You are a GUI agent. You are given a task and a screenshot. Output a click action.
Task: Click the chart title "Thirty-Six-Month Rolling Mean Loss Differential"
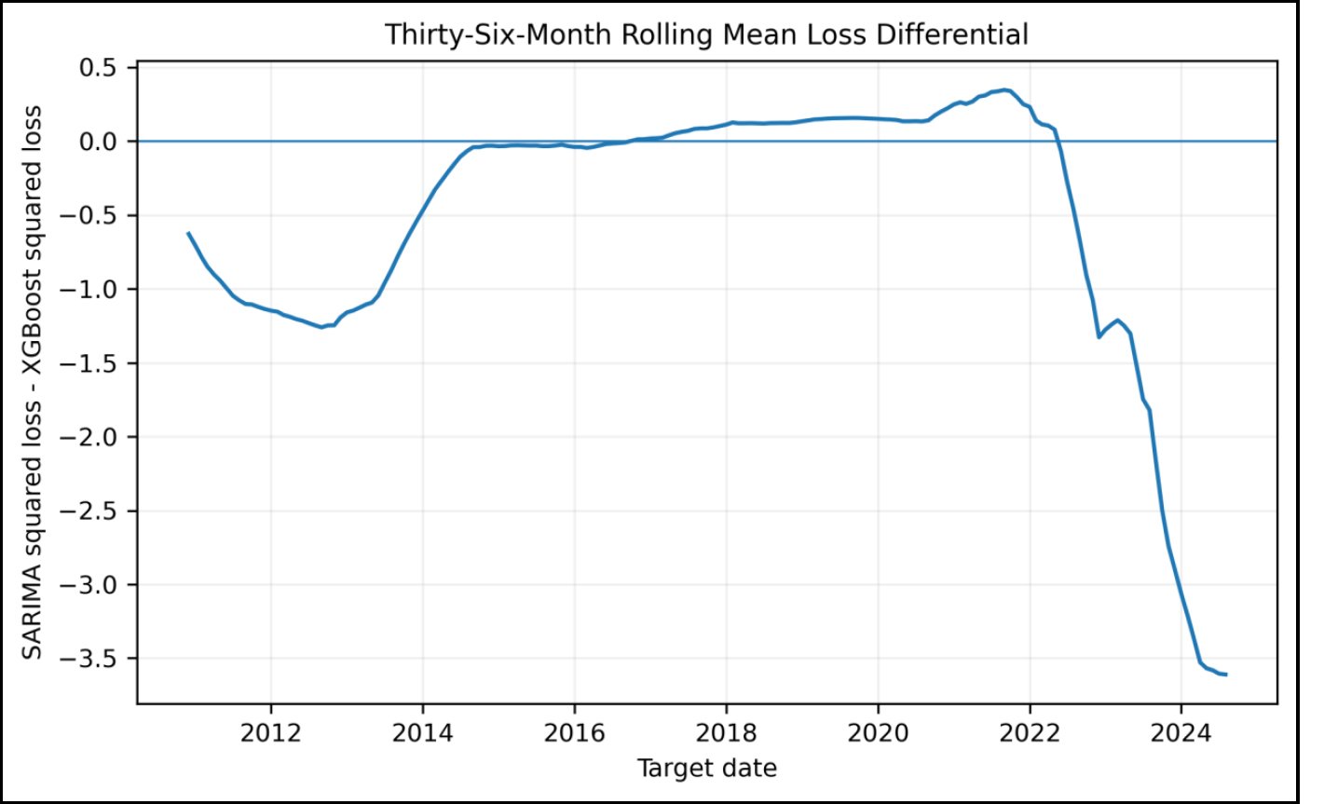(x=706, y=34)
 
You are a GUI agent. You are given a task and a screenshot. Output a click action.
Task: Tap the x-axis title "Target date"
(x=706, y=769)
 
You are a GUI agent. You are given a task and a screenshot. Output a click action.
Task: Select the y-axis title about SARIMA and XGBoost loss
(x=32, y=382)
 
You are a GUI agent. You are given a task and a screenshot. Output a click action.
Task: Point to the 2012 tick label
(x=271, y=733)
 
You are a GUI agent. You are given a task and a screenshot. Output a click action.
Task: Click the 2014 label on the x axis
(x=423, y=733)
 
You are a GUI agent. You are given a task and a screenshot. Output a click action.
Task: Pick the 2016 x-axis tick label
(x=575, y=733)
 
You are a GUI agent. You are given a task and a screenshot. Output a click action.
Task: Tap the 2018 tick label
(x=726, y=733)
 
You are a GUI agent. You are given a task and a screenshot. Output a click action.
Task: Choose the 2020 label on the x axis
(x=878, y=733)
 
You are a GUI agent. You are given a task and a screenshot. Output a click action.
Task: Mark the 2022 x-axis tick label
(x=1030, y=733)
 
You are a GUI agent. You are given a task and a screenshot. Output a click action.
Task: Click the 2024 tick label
(x=1181, y=733)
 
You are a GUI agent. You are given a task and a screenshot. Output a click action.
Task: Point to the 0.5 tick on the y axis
(x=101, y=68)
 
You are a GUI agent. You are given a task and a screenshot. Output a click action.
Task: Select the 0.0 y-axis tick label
(x=101, y=142)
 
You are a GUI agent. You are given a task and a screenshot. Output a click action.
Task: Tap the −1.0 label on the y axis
(x=90, y=290)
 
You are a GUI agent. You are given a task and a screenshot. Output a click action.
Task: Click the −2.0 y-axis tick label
(x=90, y=438)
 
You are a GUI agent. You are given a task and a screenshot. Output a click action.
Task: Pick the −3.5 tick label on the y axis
(x=90, y=659)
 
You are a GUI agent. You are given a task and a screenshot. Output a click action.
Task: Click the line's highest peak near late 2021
(x=1003, y=89)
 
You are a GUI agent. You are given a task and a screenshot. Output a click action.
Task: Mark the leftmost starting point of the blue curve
(x=188, y=233)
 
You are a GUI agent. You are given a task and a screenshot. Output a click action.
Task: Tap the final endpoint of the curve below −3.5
(x=1226, y=675)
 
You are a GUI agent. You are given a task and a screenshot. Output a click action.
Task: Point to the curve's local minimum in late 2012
(x=322, y=327)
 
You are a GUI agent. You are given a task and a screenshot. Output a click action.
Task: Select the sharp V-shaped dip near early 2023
(x=1099, y=337)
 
